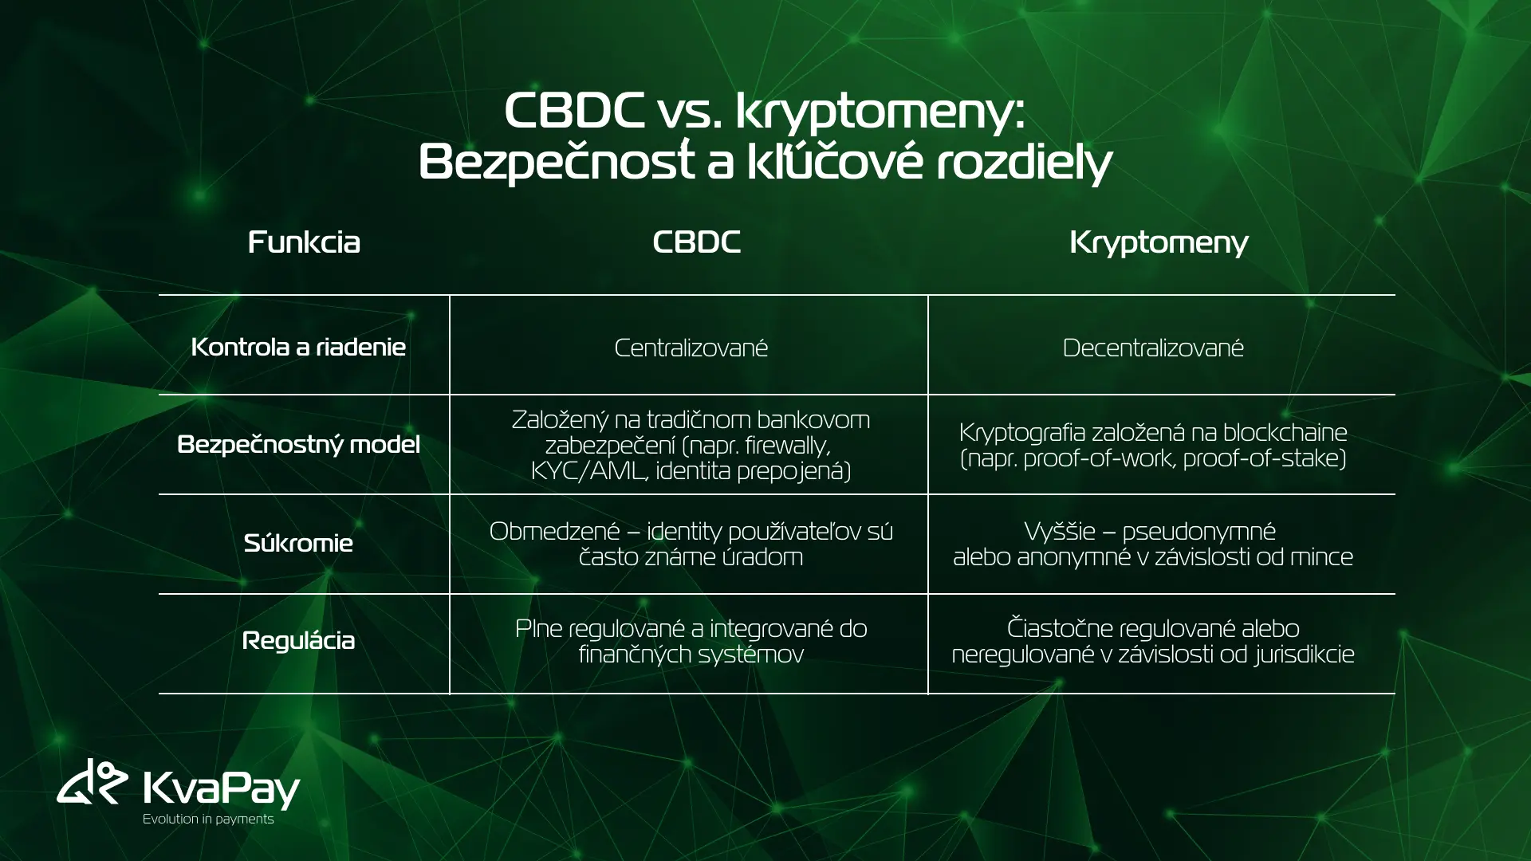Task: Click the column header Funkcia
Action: click(304, 242)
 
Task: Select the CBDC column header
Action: click(696, 242)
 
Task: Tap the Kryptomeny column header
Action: click(1159, 242)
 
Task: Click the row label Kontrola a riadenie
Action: click(298, 347)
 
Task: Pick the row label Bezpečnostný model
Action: click(298, 444)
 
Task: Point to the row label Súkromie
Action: click(298, 543)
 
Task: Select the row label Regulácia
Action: click(298, 640)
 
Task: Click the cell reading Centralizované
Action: click(691, 348)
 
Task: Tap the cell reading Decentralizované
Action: click(1153, 348)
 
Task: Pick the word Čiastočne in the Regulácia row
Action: click(1060, 628)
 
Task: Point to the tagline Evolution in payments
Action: click(208, 819)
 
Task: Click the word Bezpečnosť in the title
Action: click(557, 163)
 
